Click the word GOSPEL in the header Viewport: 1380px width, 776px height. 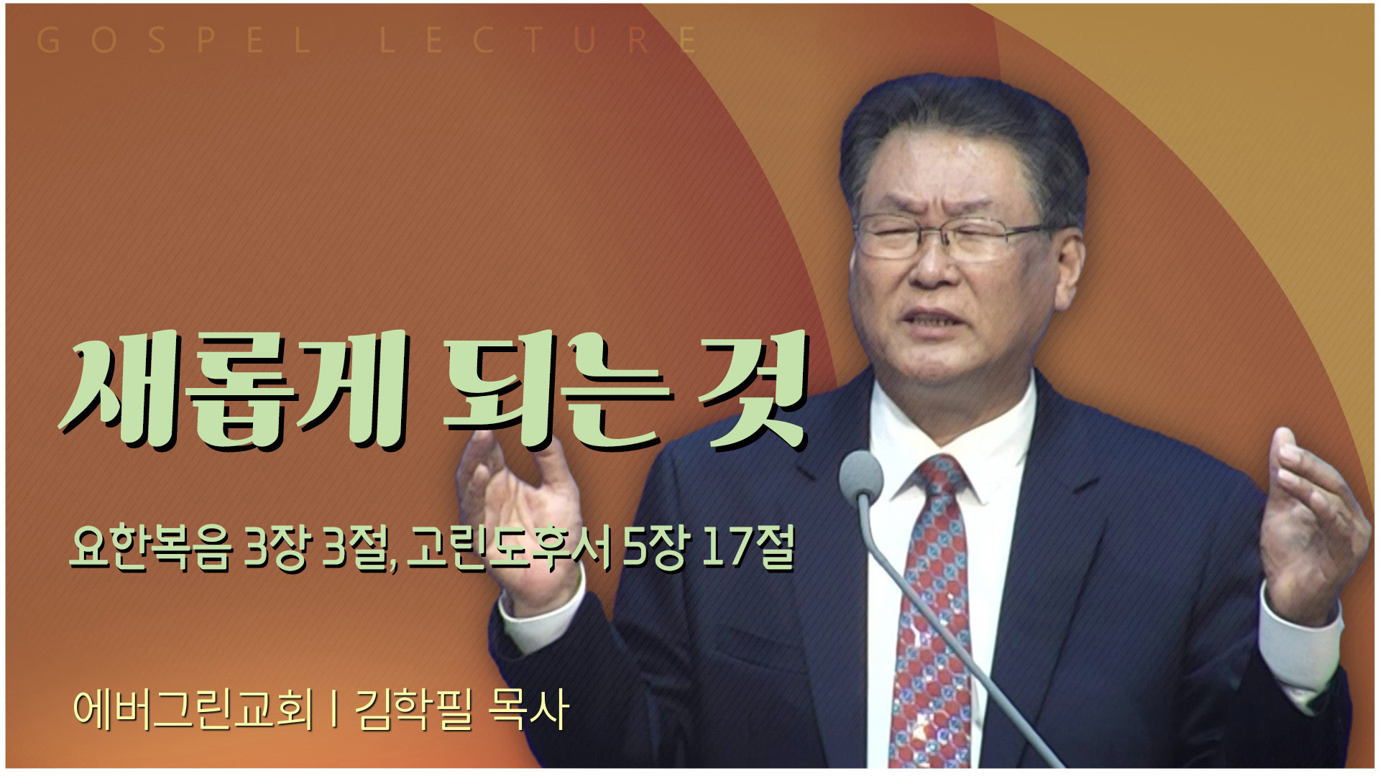[x=173, y=41]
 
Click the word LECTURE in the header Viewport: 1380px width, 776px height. [x=538, y=41]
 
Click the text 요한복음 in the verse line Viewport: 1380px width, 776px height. [x=151, y=548]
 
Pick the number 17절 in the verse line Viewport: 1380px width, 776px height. [x=747, y=548]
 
